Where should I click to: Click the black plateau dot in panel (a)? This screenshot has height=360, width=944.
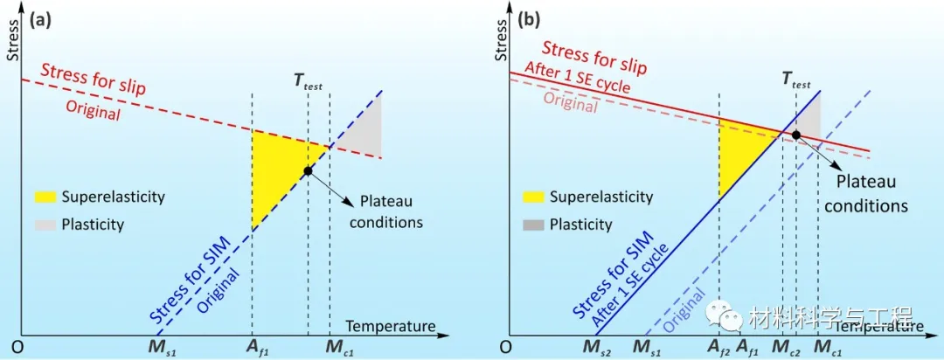308,171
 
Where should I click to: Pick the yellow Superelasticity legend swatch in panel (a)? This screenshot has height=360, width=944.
44,197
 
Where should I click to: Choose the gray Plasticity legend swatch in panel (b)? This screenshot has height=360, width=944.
533,225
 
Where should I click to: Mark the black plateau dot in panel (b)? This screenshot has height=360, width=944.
796,135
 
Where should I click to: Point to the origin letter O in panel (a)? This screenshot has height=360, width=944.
14,347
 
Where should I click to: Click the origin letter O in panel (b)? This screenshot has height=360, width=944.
503,347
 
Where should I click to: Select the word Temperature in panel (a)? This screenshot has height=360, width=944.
391,326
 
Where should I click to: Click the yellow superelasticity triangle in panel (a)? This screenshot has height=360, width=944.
275,170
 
